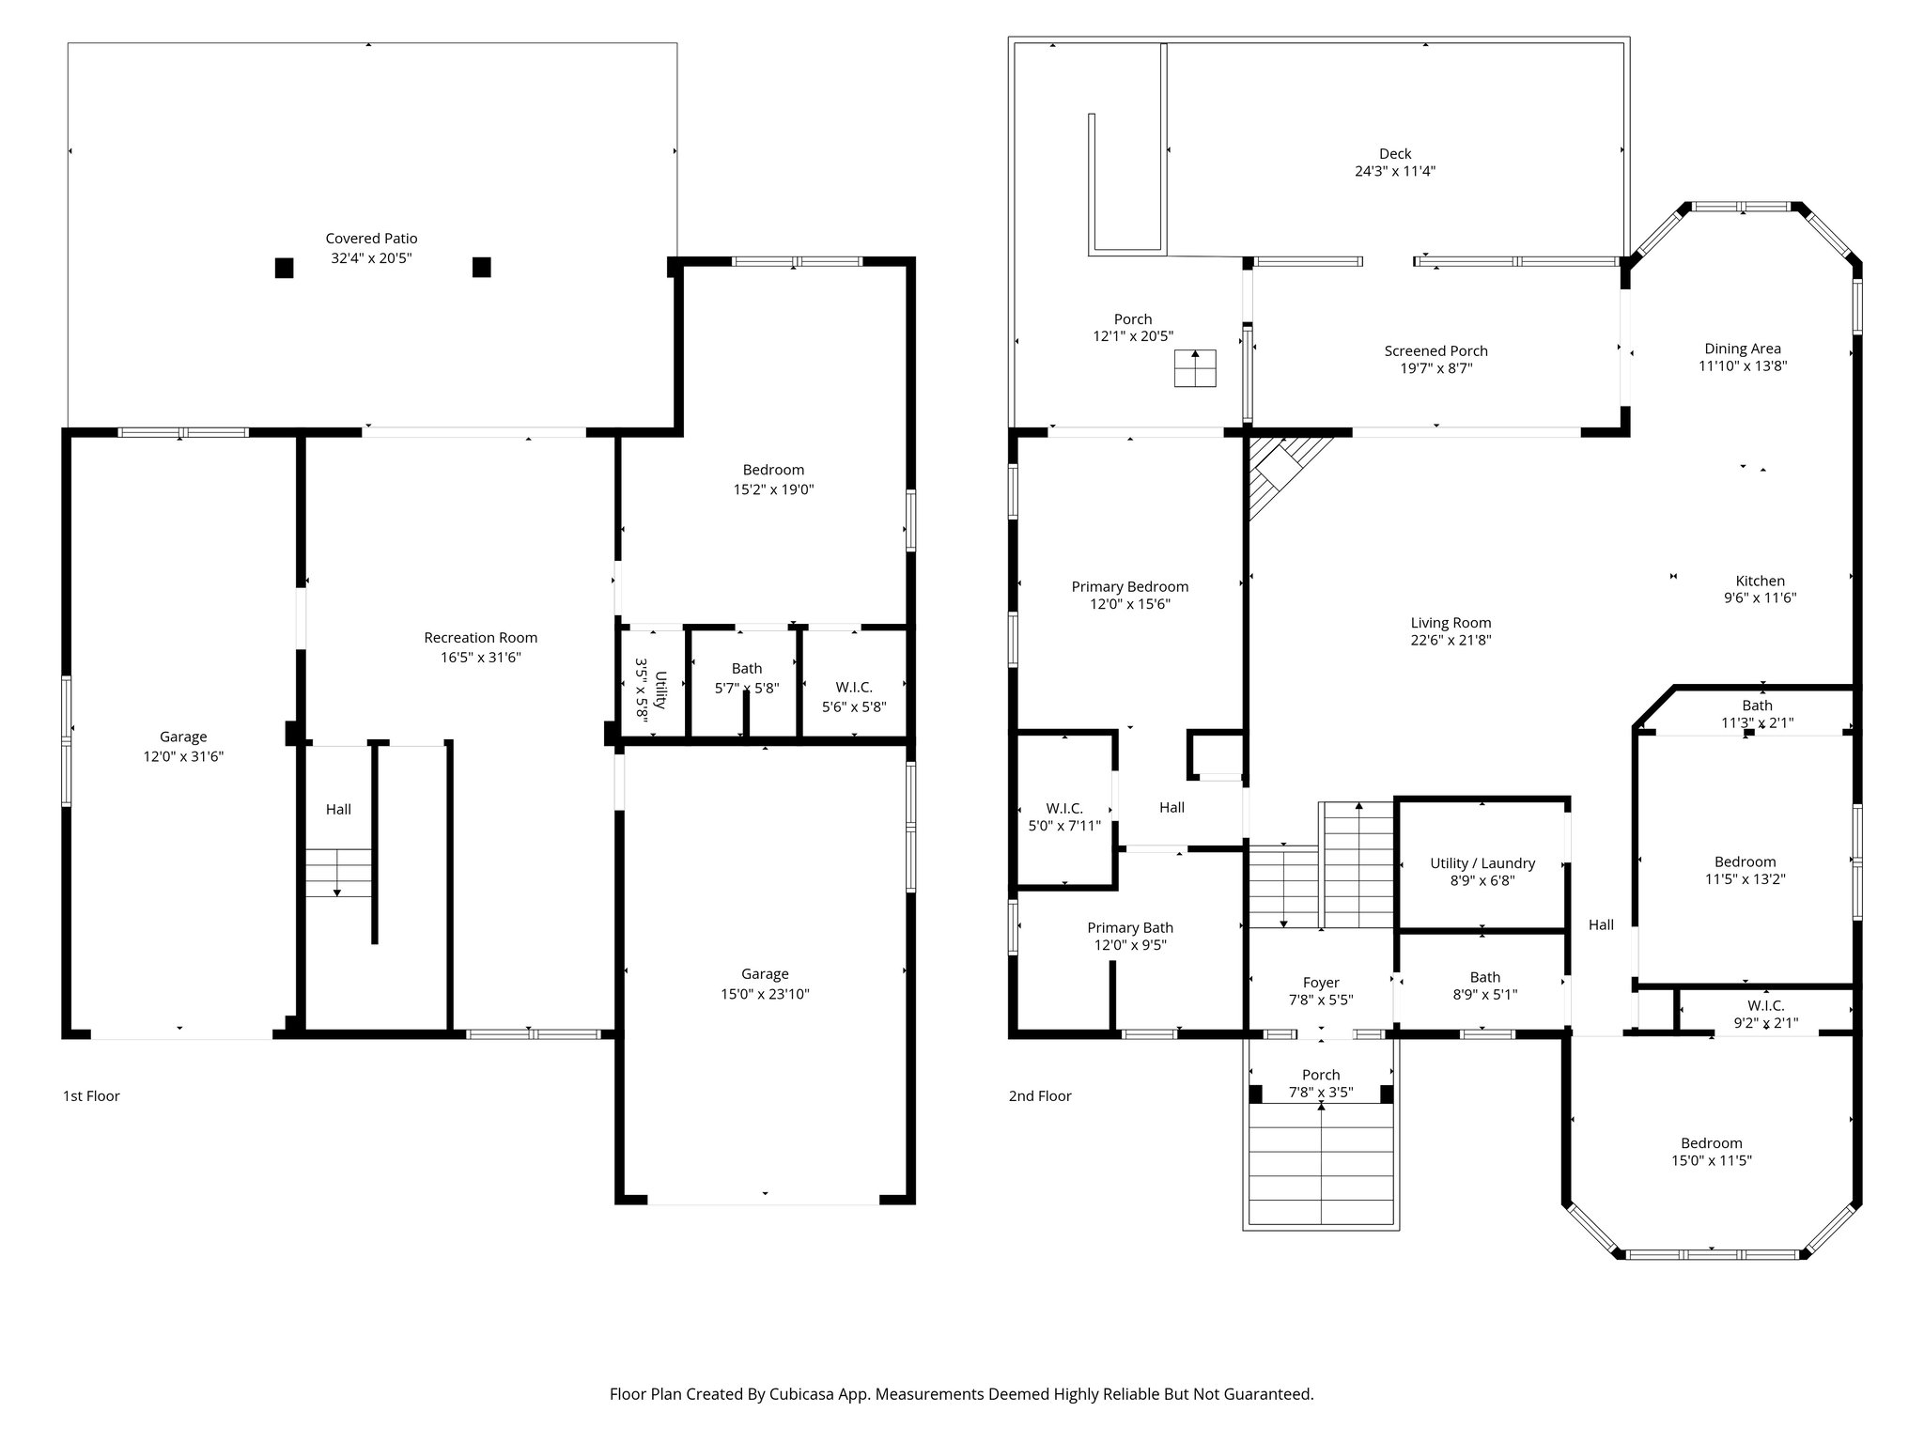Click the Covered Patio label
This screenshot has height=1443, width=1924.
tap(371, 239)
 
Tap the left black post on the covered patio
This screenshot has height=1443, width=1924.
tap(284, 268)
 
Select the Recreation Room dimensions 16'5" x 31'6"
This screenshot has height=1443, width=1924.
tap(480, 658)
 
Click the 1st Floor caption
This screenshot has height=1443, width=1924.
tap(91, 1095)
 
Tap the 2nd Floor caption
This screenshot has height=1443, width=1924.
tap(1039, 1095)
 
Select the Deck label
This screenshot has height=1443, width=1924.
tap(1395, 154)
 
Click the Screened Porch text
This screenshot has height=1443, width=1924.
tap(1435, 351)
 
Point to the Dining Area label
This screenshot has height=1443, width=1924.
tap(1743, 349)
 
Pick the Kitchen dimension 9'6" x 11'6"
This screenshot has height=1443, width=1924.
tap(1760, 597)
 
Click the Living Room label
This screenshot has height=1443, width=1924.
tap(1451, 623)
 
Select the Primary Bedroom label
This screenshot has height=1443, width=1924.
tap(1129, 587)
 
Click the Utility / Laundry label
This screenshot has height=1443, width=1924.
tap(1482, 863)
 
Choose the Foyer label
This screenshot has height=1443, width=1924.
tap(1321, 983)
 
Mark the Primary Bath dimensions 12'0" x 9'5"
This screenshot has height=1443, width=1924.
tap(1130, 945)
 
